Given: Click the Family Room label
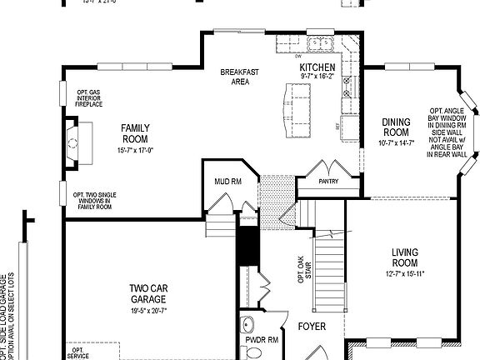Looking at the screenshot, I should coord(135,133).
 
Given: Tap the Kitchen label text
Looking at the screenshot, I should coord(317,67).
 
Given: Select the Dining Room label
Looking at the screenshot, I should coord(396,127).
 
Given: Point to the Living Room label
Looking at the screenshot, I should coord(409,257).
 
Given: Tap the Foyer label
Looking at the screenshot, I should coord(312,326).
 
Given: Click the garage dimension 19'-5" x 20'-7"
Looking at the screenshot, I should coord(148,310).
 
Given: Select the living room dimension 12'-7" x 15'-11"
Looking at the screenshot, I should coord(409,273).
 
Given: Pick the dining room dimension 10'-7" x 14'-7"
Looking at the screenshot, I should coord(396,142).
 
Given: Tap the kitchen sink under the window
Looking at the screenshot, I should coord(320,42).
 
